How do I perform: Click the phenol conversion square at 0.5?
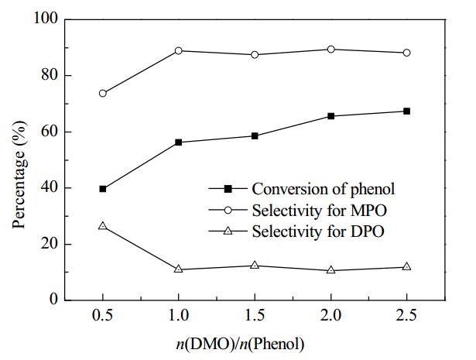coord(103,189)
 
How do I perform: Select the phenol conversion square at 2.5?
coord(407,111)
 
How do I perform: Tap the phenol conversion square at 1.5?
coord(255,135)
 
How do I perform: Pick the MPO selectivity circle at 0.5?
coord(103,93)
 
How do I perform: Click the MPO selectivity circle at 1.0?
coord(179,50)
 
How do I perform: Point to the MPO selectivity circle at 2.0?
coord(331,50)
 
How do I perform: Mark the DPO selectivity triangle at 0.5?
coord(103,226)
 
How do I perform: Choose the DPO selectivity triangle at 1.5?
coord(255,265)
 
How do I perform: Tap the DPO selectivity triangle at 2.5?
coord(407,266)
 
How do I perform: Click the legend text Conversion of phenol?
coord(324,189)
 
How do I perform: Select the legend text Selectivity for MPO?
coord(320,210)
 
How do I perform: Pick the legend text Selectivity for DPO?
coord(318,231)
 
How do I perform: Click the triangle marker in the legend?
coord(228,231)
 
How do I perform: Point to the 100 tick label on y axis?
coord(46,18)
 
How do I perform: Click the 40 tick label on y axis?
coord(50,187)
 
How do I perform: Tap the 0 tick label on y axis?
coord(53,300)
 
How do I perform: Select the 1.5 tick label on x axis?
coord(255,315)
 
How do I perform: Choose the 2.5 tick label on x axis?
coord(407,315)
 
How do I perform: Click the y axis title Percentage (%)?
coord(19,174)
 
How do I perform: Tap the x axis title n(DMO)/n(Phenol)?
coord(240,345)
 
